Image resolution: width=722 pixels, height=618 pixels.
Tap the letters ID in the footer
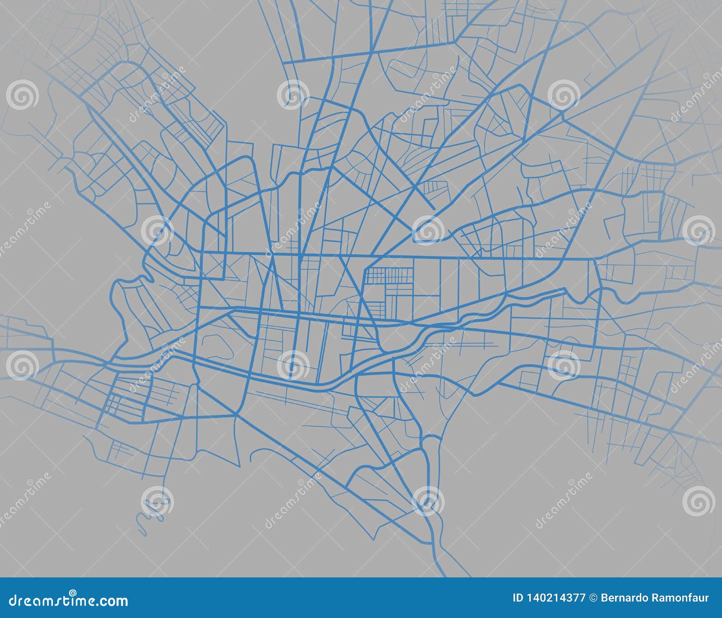(x=518, y=599)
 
